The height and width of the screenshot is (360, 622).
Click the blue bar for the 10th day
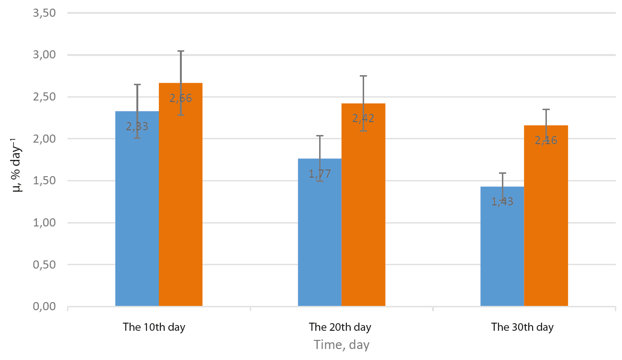[x=137, y=209]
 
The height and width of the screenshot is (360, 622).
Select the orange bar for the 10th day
[x=181, y=194]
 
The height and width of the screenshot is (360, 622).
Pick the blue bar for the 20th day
[x=320, y=232]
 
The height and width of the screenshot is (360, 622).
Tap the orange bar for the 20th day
[x=364, y=205]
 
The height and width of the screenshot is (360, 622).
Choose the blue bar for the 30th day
[x=502, y=247]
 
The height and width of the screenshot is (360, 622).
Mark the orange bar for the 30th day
[x=546, y=215]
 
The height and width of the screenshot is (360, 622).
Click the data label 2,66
[x=181, y=98]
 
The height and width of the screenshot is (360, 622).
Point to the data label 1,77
[x=320, y=174]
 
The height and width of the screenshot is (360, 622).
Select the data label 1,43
[x=502, y=202]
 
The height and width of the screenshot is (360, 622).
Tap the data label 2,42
[x=364, y=119]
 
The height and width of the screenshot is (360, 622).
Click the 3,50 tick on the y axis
[x=44, y=13]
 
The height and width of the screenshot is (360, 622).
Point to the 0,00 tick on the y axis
[x=44, y=306]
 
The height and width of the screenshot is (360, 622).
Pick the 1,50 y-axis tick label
[x=44, y=181]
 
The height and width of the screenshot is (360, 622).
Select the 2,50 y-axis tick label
[x=44, y=97]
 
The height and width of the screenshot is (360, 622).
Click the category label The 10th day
[x=154, y=327]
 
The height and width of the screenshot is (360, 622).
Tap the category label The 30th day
[x=522, y=327]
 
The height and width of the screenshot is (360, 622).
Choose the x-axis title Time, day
[x=342, y=345]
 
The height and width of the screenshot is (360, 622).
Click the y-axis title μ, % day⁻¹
[x=17, y=165]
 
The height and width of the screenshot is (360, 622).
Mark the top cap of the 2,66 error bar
[x=181, y=51]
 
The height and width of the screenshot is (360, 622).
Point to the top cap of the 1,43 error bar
[x=502, y=173]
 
